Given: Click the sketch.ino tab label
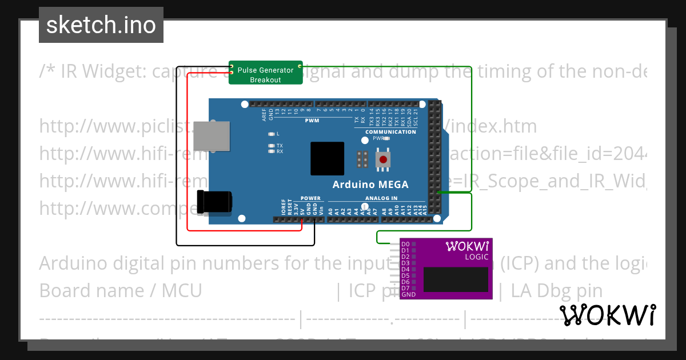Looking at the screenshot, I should (101, 25).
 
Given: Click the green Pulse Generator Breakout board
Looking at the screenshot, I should (265, 73).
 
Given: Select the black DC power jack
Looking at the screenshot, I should (214, 202).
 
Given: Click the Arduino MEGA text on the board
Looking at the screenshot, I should (370, 185).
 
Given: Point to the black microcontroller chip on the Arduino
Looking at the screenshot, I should (327, 159).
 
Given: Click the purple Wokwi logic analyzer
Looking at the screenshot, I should (446, 269).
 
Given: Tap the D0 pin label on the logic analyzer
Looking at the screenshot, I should (405, 245).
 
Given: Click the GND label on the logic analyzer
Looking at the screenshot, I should (408, 295).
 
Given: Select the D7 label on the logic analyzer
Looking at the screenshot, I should (405, 288).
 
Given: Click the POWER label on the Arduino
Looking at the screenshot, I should (311, 199).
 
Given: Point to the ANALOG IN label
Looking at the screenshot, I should (381, 199).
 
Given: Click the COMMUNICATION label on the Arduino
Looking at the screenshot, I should (391, 132).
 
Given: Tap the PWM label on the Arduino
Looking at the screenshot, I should (312, 121).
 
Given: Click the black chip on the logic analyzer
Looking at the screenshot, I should (456, 279).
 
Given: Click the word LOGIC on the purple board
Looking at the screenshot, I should (477, 257).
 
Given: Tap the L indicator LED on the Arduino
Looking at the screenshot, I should (272, 134).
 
